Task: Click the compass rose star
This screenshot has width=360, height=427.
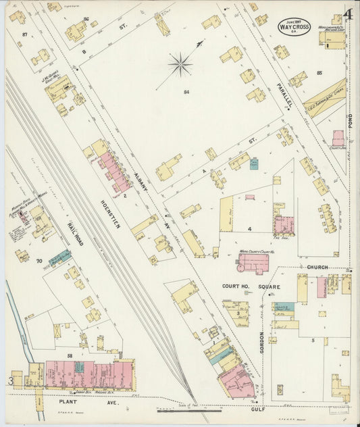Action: click(x=180, y=66)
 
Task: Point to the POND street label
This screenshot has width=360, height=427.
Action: click(x=351, y=122)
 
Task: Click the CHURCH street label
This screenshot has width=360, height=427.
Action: click(x=317, y=268)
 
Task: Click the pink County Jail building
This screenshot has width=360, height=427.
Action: click(x=338, y=139)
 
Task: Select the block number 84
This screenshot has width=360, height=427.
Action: click(x=185, y=91)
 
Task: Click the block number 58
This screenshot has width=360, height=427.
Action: click(x=70, y=355)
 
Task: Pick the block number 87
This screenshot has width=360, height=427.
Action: click(x=25, y=34)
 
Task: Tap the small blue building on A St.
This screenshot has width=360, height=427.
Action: click(x=253, y=164)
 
